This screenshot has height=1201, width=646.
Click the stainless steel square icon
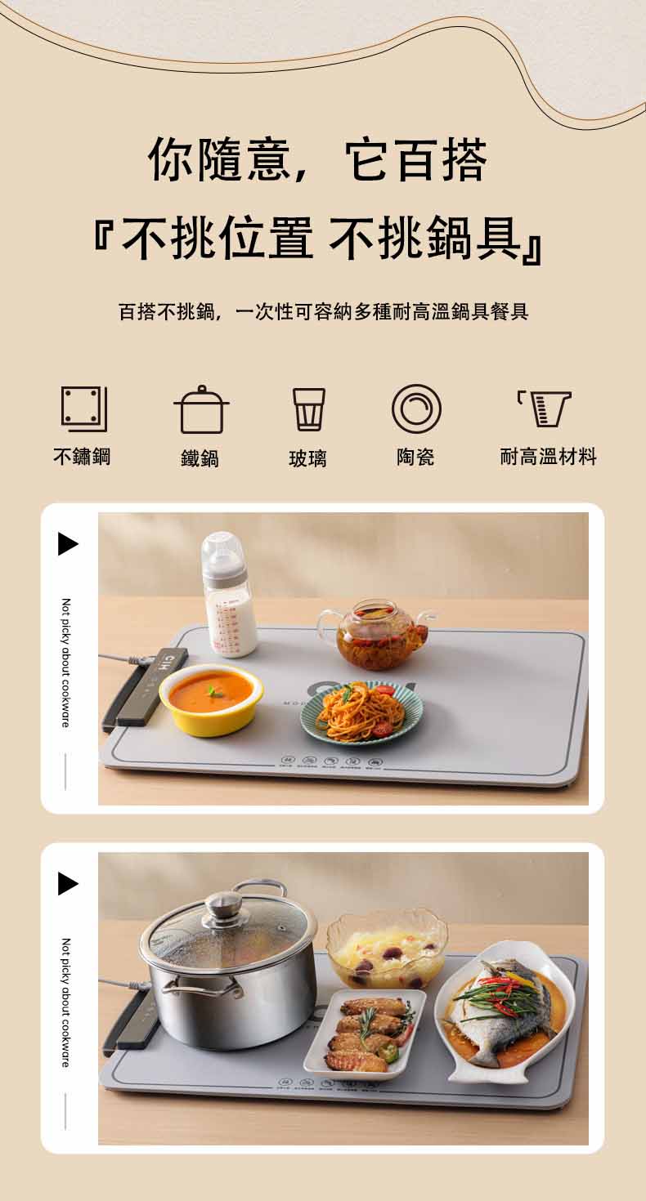[x=83, y=409]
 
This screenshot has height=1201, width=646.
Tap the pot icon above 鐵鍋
[x=200, y=410]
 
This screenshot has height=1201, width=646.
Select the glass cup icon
[x=308, y=409]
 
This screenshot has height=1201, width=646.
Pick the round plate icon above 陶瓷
[x=415, y=409]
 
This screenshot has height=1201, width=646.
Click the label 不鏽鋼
[x=82, y=457]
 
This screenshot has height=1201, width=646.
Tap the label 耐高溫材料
[x=548, y=457]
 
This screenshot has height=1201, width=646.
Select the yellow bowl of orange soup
[x=211, y=699]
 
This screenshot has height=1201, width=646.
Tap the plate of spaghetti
[x=361, y=711]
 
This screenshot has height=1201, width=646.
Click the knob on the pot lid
[x=224, y=904]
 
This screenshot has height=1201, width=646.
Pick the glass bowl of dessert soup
[x=387, y=950]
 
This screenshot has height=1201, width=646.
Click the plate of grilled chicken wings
[x=366, y=1034]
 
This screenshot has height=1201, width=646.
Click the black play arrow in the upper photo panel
[x=68, y=544]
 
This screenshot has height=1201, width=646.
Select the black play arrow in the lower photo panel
[x=68, y=884]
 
